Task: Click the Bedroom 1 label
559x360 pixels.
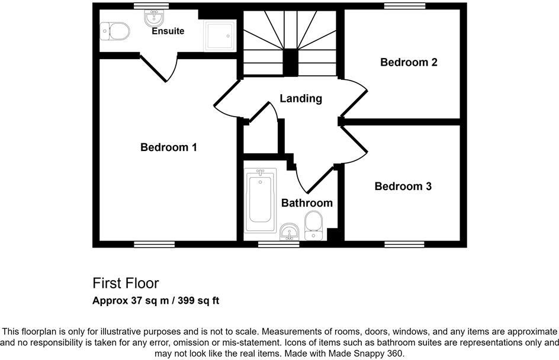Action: [168, 147]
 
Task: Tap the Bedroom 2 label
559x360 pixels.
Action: [409, 62]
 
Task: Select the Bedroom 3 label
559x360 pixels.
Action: [403, 187]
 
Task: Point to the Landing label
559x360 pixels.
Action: [301, 98]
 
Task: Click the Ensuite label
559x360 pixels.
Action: [168, 31]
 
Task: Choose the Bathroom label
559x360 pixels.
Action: [307, 203]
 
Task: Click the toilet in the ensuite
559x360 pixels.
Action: [115, 31]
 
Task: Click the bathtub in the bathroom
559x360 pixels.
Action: [259, 201]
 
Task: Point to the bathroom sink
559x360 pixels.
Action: [290, 231]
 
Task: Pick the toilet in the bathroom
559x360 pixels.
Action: [313, 226]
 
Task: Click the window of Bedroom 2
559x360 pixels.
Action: [404, 6]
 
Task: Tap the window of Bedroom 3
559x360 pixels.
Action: [404, 244]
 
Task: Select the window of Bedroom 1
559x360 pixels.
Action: [154, 244]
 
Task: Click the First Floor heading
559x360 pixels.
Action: [126, 283]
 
